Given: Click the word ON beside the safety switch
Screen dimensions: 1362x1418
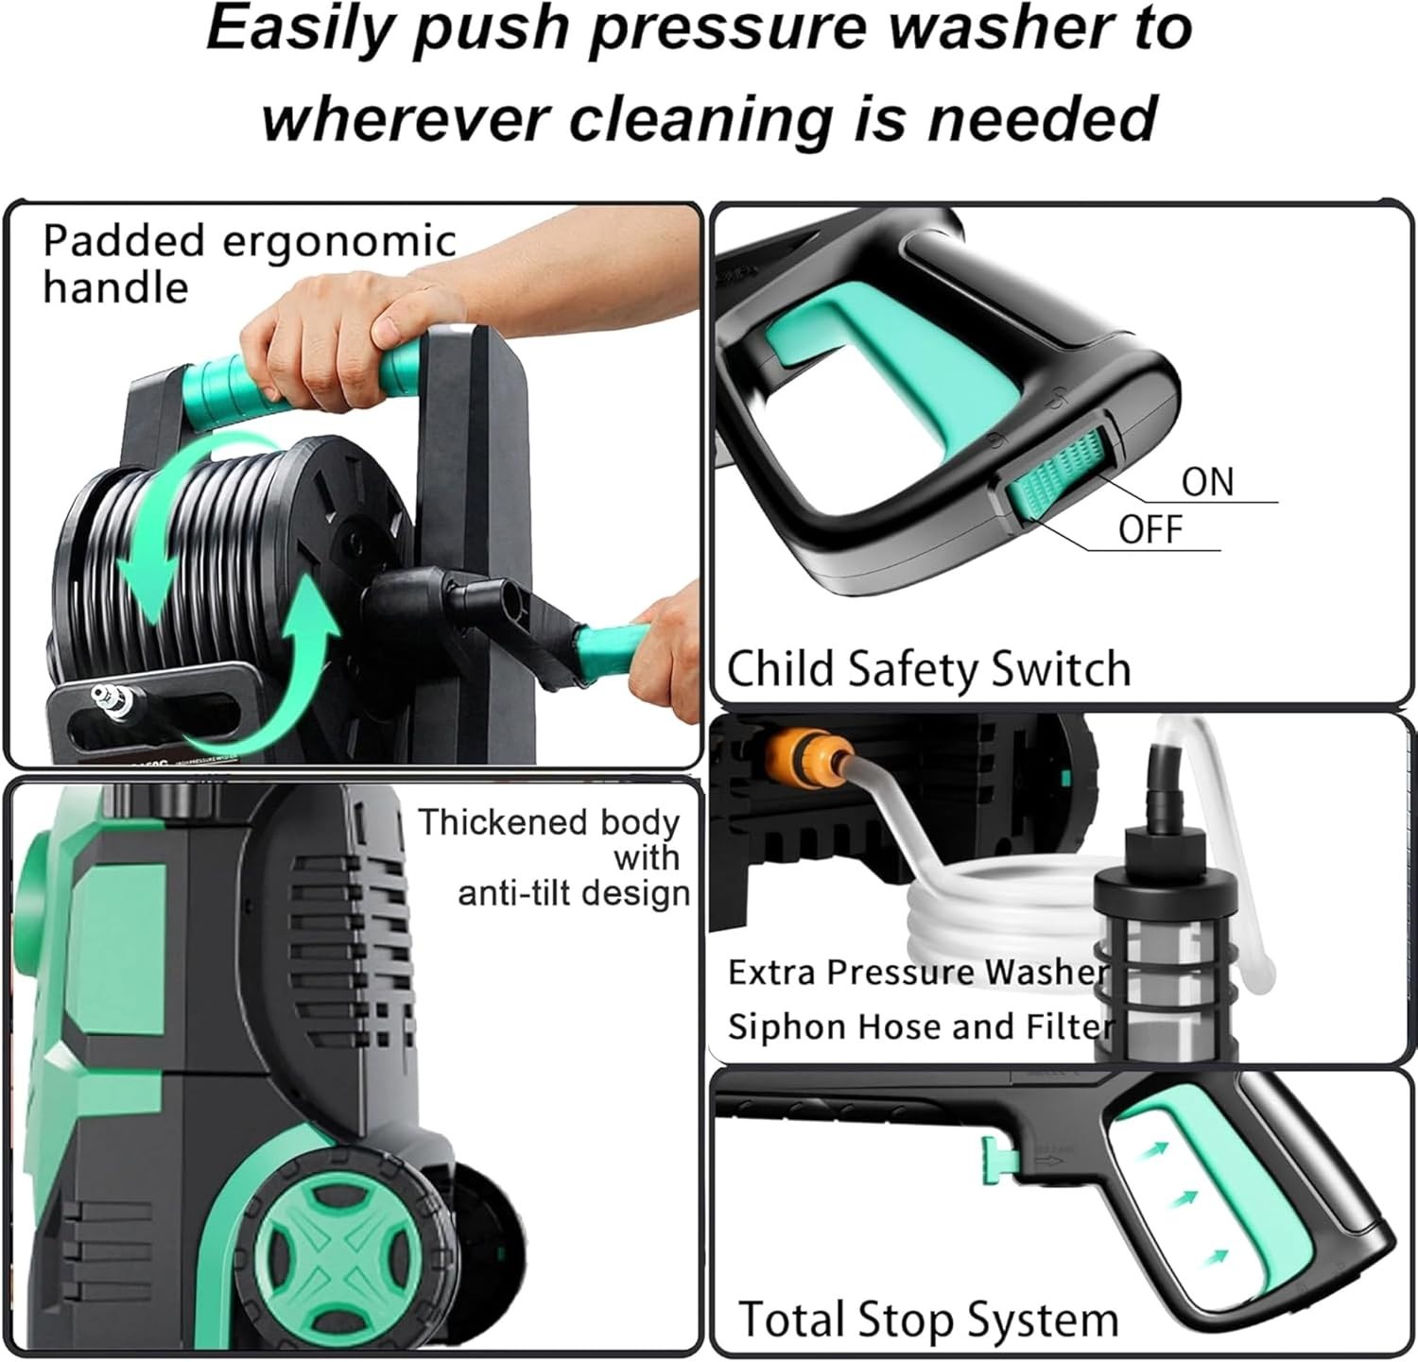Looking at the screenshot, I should click(1207, 481).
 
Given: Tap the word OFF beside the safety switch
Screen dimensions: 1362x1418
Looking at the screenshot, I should click(1150, 529).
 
